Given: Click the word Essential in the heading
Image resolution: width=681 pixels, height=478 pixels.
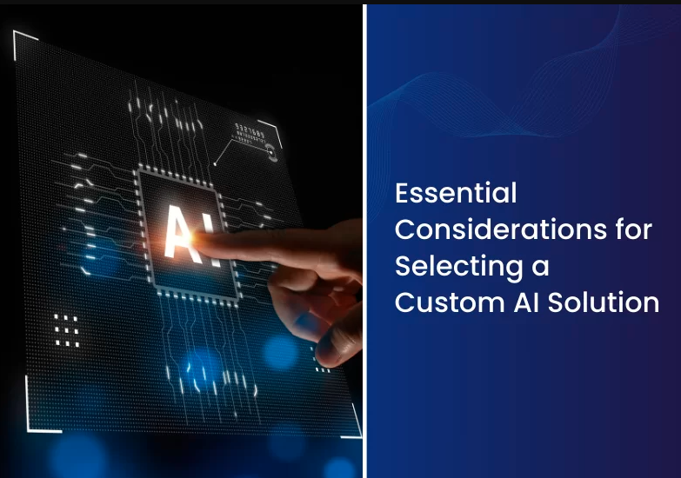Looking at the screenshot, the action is [456, 193].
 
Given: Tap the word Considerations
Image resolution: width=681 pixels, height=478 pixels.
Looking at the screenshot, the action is [501, 229].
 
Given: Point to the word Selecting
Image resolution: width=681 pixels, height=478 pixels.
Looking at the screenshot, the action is [459, 268].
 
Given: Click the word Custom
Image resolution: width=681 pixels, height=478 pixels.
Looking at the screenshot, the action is [450, 302].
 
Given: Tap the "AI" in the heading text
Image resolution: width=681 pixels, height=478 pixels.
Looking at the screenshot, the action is [526, 302].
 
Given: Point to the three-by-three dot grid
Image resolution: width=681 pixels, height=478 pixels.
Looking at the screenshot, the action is [66, 331].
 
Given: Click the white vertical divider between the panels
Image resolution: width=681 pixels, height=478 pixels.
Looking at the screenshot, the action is [364, 241].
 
